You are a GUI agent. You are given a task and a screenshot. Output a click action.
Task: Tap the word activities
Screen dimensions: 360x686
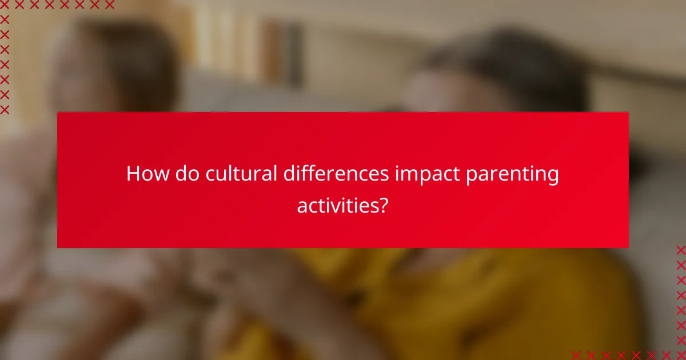pyautogui.click(x=336, y=205)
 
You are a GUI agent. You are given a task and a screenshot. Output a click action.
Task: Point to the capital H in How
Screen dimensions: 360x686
pyautogui.click(x=133, y=174)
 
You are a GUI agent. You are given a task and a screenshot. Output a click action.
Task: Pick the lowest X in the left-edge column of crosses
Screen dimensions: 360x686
pyautogui.click(x=5, y=109)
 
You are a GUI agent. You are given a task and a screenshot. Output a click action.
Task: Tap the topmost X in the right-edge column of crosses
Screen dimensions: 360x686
pyautogui.click(x=680, y=249)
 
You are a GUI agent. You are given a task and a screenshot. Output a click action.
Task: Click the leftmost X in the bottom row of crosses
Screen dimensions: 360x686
pyautogui.click(x=576, y=355)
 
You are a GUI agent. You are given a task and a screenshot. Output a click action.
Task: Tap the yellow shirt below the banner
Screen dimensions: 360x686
pyautogui.click(x=457, y=297)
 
